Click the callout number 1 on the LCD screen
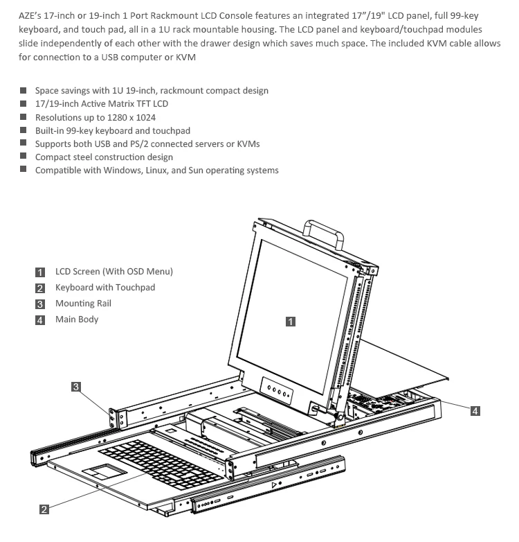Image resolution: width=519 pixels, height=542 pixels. pyautogui.click(x=291, y=321)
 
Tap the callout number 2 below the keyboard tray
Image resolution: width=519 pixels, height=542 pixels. pyautogui.click(x=44, y=509)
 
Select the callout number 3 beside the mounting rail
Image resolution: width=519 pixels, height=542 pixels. pyautogui.click(x=76, y=387)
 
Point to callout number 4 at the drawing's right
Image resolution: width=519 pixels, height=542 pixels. pyautogui.click(x=475, y=411)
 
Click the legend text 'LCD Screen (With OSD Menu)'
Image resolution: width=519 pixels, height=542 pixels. pyautogui.click(x=114, y=271)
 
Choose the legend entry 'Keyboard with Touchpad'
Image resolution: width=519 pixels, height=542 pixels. pyautogui.click(x=105, y=287)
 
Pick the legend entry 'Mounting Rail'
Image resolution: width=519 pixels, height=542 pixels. pyautogui.click(x=83, y=303)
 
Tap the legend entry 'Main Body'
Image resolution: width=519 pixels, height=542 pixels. pyautogui.click(x=77, y=319)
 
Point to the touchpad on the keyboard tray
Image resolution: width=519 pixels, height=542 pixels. pyautogui.click(x=106, y=471)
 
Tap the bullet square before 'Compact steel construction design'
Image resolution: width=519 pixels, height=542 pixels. pyautogui.click(x=24, y=157)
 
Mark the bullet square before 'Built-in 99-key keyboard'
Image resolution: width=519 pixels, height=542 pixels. pyautogui.click(x=24, y=130)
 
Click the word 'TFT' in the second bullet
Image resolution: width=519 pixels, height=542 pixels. pyautogui.click(x=134, y=104)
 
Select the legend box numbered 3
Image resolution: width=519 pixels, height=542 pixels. pyautogui.click(x=40, y=304)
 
